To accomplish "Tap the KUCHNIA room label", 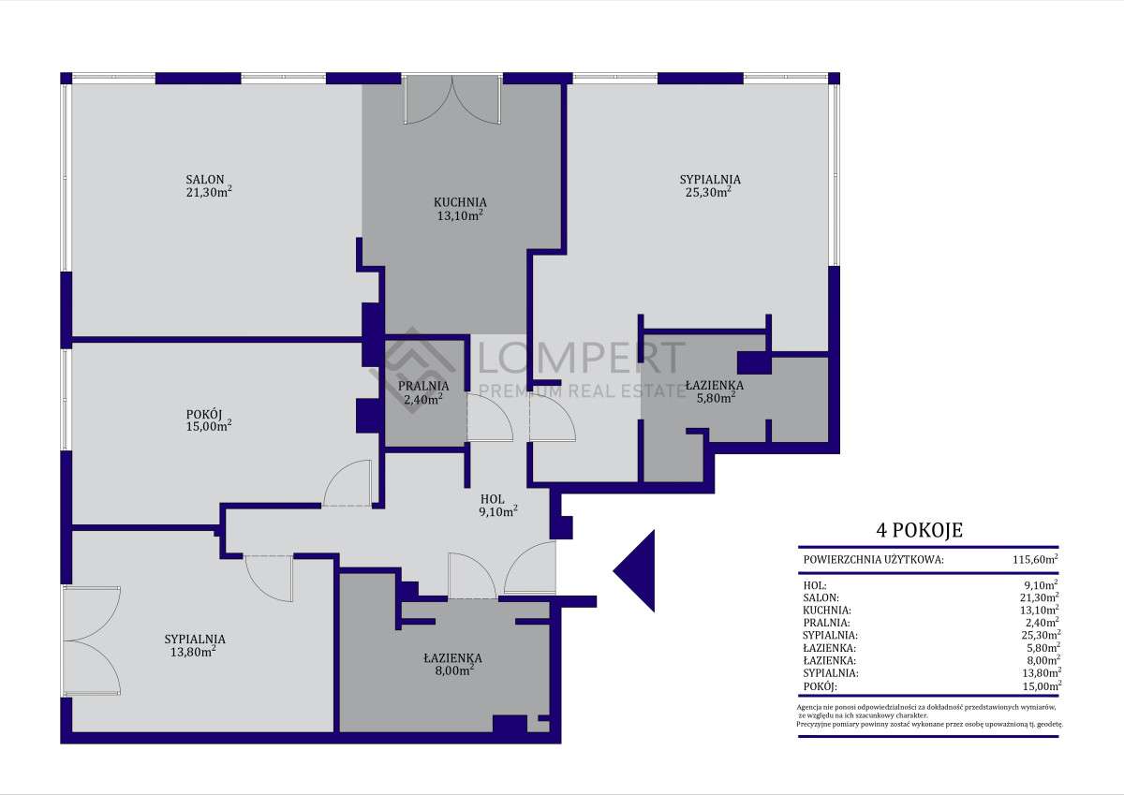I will pos(459,201).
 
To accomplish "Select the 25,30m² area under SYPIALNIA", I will pos(708,192).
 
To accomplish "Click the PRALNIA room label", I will pos(422,386).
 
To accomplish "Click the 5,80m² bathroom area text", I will pos(714,396).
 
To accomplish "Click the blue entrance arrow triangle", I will pos(639,570).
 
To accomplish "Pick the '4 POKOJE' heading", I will pos(918,531).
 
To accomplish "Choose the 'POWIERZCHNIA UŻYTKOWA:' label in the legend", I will pos(873,561).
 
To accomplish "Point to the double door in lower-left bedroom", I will pos(92,641).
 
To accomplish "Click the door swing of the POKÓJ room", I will pos(347,485).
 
